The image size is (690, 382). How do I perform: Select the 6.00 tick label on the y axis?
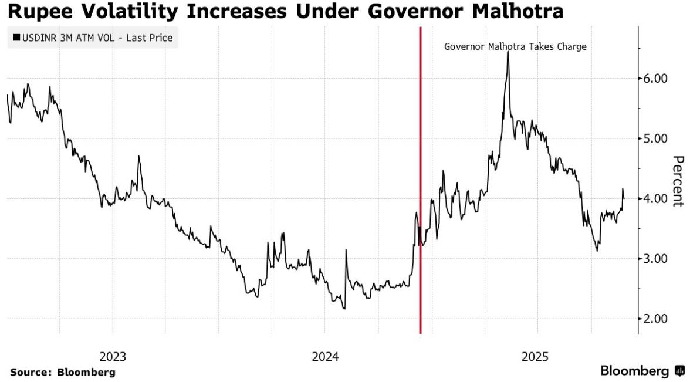coord(652,79)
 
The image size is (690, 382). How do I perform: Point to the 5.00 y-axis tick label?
coord(652,138)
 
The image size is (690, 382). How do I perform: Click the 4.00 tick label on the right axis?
coord(652,199)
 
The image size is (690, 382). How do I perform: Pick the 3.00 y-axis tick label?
coord(652,259)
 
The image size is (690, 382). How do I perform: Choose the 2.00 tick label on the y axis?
coord(652,319)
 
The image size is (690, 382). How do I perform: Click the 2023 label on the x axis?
coord(113,356)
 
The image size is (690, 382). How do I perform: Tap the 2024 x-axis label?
coord(325,356)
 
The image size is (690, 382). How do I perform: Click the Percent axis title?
coord(678,181)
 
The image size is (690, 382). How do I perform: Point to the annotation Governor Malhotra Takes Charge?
coord(515,46)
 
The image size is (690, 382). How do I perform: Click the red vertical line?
coord(420,176)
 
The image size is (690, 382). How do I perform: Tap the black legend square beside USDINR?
coord(16,39)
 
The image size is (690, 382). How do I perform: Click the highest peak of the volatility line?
coord(508,53)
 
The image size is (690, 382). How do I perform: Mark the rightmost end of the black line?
coord(623,198)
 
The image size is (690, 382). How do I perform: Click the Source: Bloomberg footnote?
coord(62,372)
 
